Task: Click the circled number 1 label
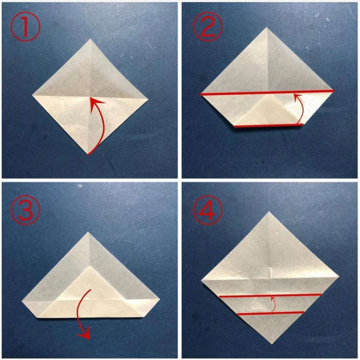(25, 26)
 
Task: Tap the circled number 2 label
(207, 26)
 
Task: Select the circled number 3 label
(25, 209)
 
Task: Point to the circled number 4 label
(207, 209)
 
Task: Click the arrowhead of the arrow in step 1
(96, 104)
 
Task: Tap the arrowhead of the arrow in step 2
(297, 96)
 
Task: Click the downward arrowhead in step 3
(84, 335)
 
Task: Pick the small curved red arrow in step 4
(273, 304)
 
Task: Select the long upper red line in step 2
(267, 92)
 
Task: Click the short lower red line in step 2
(269, 126)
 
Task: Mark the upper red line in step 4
(270, 296)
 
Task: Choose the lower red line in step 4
(271, 313)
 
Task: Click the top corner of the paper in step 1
(90, 39)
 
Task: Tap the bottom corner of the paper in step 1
(88, 154)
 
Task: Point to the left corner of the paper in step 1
(32, 95)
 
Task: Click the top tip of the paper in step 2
(266, 27)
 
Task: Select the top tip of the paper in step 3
(88, 232)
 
